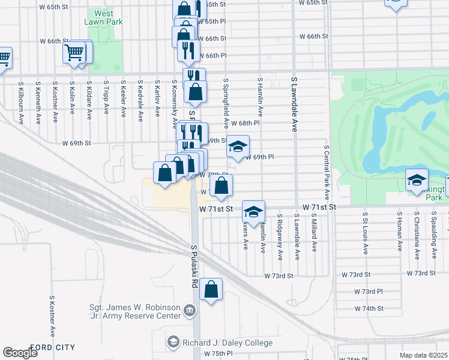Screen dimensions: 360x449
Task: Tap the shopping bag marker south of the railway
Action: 211,290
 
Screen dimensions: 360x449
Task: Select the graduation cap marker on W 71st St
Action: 253,211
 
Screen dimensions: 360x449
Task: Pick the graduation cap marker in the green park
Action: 417,180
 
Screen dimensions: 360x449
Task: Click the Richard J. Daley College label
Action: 227,343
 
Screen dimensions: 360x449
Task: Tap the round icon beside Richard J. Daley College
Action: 173,342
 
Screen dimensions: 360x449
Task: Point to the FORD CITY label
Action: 53,347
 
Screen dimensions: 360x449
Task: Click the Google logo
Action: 20,353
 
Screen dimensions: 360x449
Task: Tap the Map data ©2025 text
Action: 424,355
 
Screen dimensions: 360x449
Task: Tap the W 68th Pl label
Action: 245,123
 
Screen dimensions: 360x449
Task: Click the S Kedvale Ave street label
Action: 139,101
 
